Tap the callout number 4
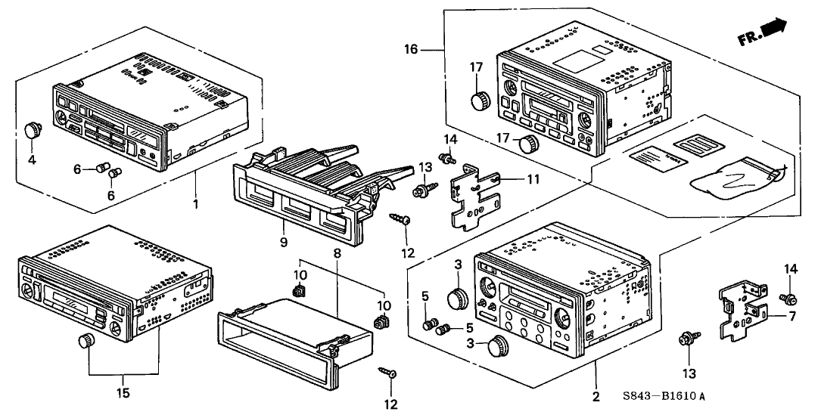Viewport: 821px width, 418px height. tap(32, 161)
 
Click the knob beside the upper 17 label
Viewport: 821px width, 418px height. tap(478, 100)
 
